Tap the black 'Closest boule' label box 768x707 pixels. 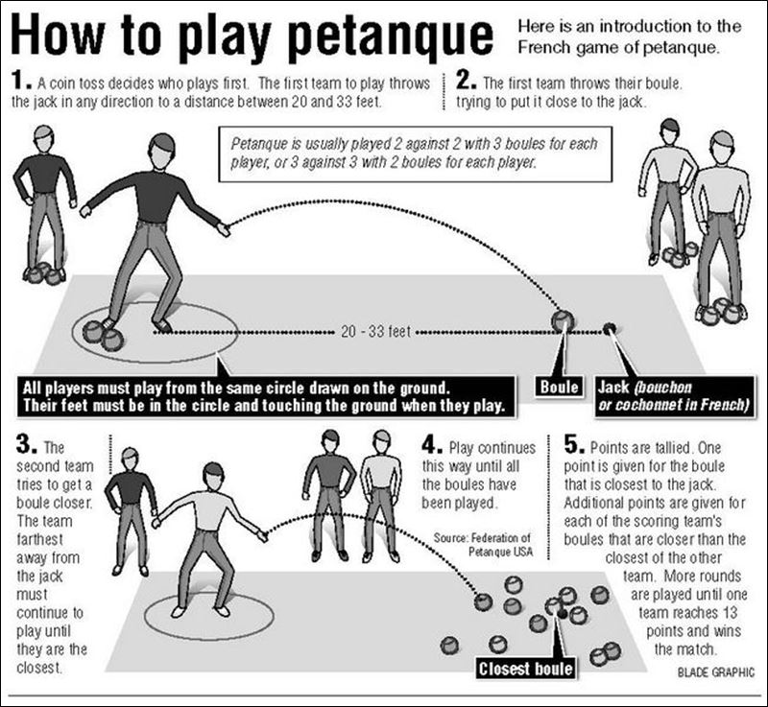[526, 668]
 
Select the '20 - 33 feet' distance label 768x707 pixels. [376, 333]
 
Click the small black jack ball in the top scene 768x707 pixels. [609, 329]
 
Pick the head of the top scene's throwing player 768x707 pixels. [161, 149]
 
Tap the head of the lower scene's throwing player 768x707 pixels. [213, 473]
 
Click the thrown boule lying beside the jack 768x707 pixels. [562, 321]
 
